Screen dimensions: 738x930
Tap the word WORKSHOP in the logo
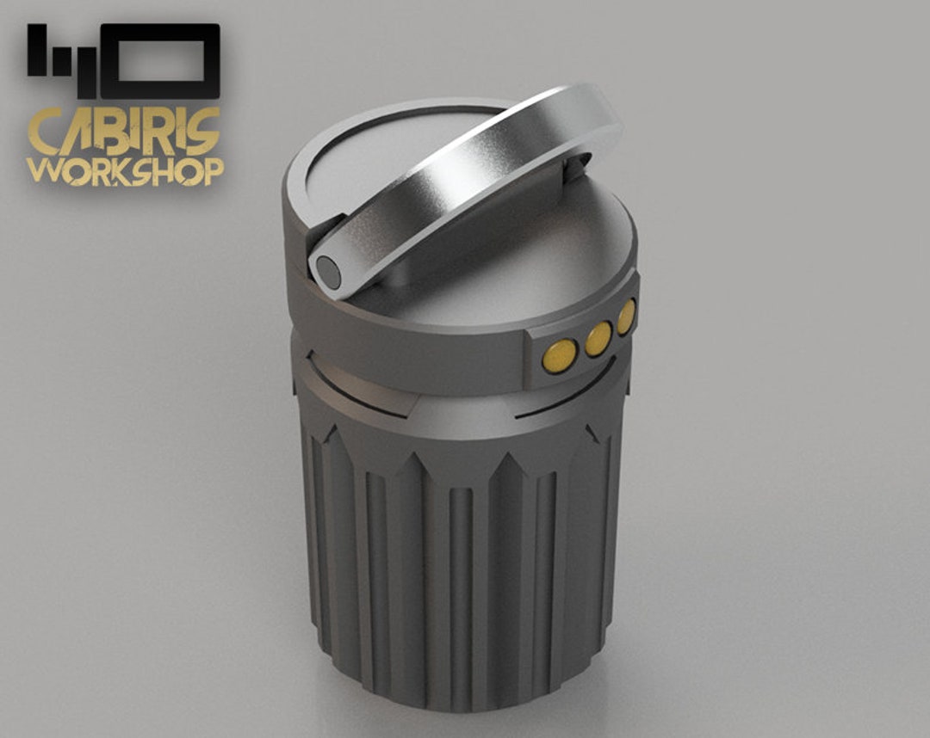click(x=126, y=170)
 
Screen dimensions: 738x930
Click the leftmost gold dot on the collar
click(x=561, y=354)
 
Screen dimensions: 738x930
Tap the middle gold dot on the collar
click(x=598, y=337)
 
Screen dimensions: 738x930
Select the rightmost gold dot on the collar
click(x=626, y=316)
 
